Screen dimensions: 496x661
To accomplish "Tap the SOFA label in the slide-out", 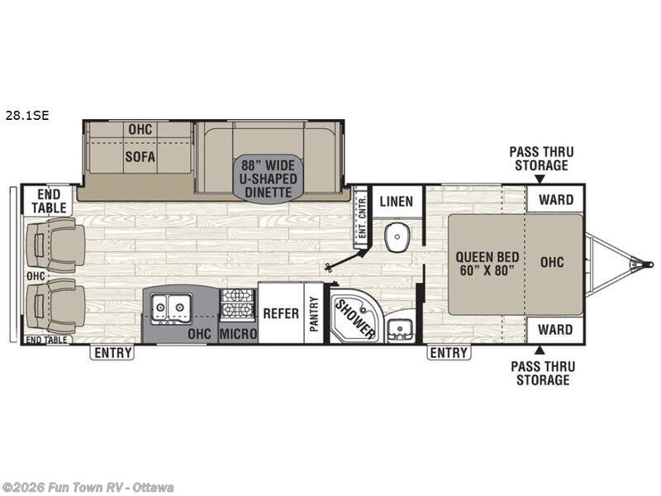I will click(140, 155).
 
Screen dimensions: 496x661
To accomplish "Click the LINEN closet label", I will click(396, 200).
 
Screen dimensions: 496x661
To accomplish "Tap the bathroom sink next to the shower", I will click(401, 327).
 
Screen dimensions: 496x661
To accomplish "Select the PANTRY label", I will click(314, 313).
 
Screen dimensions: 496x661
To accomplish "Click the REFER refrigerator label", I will click(280, 313).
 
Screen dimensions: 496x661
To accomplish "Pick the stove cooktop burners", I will click(238, 304).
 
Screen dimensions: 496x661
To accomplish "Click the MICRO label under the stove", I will click(238, 334).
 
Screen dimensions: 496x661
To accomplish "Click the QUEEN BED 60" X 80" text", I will click(485, 262).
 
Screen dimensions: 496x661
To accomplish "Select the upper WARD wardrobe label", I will click(554, 199).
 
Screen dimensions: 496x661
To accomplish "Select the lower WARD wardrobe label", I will click(554, 329).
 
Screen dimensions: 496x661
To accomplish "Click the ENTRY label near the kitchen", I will click(112, 353).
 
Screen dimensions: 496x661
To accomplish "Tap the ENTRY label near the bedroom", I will click(448, 353).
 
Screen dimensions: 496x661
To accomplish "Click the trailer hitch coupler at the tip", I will click(640, 265).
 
